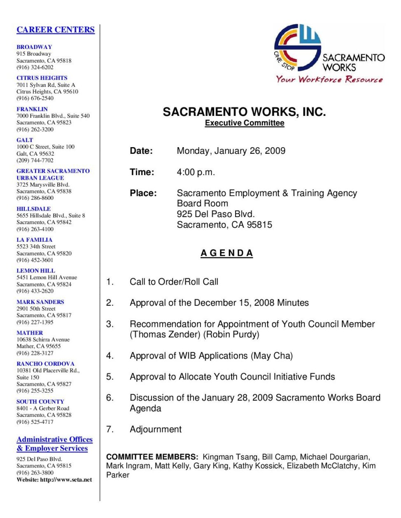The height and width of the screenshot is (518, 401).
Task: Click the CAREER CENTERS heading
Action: pos(56,30)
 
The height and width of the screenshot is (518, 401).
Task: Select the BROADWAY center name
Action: pos(34,47)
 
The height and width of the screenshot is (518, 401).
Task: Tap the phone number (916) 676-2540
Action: pos(35,98)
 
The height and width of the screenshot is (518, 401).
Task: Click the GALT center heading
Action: pos(25,140)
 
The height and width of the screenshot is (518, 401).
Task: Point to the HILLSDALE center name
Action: pos(34,209)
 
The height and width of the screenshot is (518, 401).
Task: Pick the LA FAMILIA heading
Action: pos(34,240)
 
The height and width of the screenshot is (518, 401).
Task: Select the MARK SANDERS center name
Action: pos(40,302)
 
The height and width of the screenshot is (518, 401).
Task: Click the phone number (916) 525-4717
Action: pos(35,422)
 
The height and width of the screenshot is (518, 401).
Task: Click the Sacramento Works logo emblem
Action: pos(297,47)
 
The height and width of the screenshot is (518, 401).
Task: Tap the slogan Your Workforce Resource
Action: pos(329,79)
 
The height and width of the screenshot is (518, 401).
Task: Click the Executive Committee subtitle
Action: pos(245,123)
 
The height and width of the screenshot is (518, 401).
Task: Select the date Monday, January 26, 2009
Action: pos(231,151)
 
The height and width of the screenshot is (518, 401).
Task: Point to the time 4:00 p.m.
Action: pos(196,172)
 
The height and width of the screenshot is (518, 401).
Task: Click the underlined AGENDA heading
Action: pos(227,253)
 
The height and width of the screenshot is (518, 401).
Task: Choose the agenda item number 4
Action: pos(110,356)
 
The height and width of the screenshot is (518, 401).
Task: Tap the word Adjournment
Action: pos(156,429)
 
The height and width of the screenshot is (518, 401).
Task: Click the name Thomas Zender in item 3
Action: pos(166,335)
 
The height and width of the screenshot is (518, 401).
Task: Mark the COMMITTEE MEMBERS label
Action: pos(152,457)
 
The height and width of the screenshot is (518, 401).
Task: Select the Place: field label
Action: pos(143,193)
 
